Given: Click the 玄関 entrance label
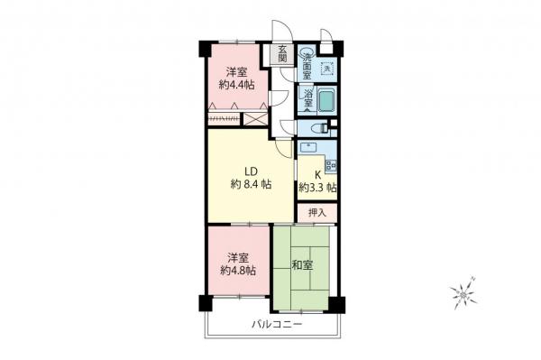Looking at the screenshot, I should click(x=282, y=53).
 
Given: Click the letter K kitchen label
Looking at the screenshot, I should click(x=317, y=175).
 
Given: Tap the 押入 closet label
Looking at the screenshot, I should click(x=317, y=213).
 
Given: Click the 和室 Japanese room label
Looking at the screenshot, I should click(x=301, y=265).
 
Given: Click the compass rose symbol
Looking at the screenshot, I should click(x=462, y=292).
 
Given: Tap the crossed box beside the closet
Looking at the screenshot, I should click(x=257, y=117).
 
